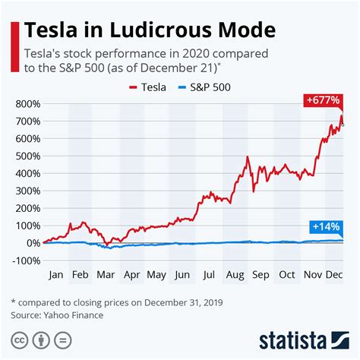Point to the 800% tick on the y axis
point(26,104)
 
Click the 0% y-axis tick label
point(30,243)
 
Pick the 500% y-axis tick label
point(26,156)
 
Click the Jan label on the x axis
point(55,276)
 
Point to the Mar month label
point(106,276)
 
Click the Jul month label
point(207,276)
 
